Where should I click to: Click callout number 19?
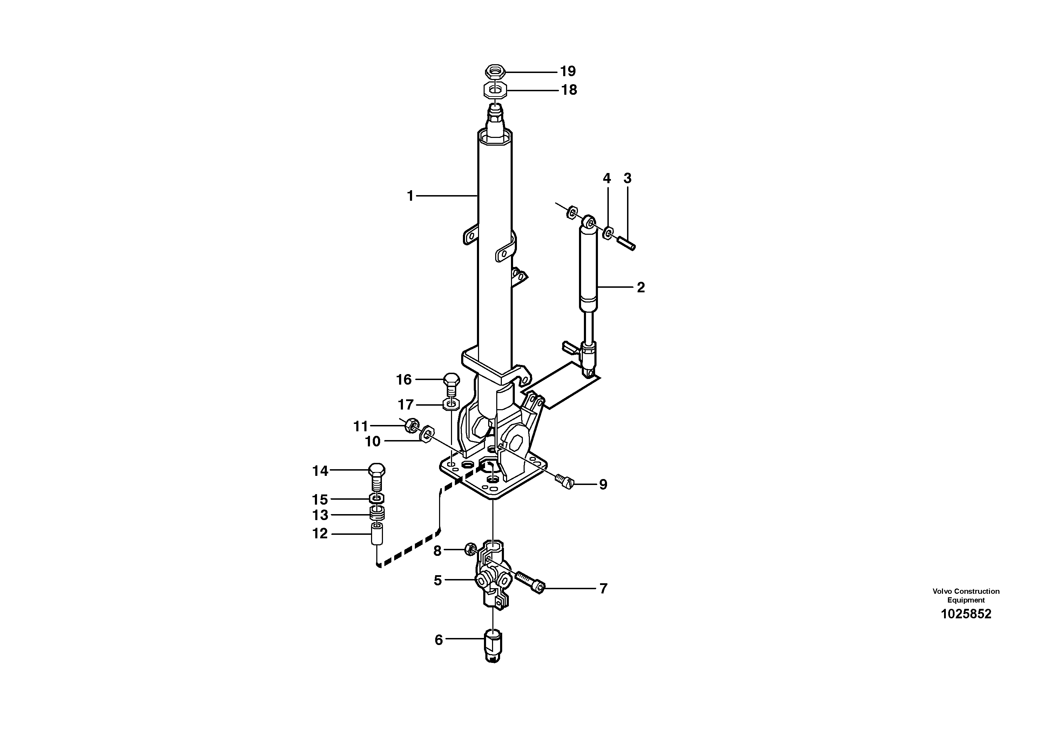coord(567,72)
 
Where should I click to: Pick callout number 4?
coord(607,178)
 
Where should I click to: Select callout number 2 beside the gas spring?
coord(640,287)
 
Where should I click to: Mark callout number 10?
coord(372,441)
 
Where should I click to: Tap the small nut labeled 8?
coord(470,550)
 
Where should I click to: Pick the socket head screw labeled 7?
coord(530,583)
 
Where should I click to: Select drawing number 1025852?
coord(965,614)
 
